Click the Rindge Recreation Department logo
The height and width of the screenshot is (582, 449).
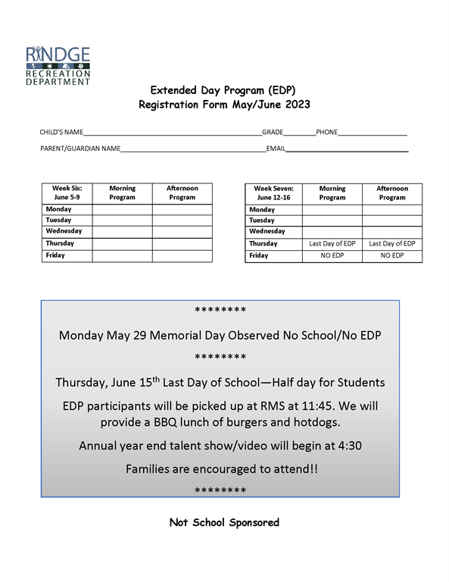[x=58, y=65]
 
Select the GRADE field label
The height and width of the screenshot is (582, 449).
[x=273, y=132]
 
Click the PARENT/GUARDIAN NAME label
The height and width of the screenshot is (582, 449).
[x=80, y=149]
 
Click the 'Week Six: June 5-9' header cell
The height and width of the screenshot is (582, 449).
[x=67, y=192]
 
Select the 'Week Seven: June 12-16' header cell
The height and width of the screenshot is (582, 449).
[x=273, y=192]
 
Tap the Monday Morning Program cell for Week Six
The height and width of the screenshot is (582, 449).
[x=122, y=209]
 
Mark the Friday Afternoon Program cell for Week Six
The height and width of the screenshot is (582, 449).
[x=182, y=256]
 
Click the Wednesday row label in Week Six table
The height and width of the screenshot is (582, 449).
[x=64, y=231]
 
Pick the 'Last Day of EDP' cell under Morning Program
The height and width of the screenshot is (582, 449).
[x=332, y=244]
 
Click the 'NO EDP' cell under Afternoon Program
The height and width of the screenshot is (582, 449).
[x=391, y=256]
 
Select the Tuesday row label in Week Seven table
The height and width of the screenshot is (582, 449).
[x=262, y=221]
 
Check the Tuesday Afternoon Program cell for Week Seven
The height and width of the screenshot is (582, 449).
[x=391, y=221]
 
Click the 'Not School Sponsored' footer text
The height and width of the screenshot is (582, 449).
[x=224, y=522]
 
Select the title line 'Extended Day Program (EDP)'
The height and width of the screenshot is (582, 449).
[x=224, y=89]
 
